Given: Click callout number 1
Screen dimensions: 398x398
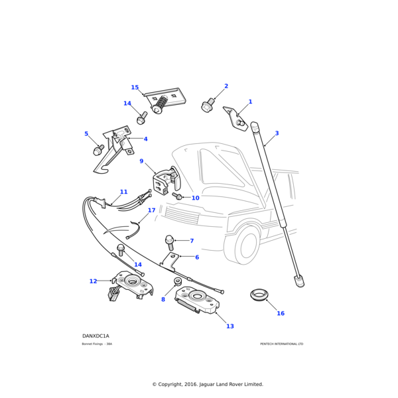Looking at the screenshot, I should point(250,102).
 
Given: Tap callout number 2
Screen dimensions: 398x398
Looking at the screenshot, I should point(226,86).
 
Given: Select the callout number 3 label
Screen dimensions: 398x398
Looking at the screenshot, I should point(277,133).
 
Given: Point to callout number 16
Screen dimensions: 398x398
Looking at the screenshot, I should point(280,313).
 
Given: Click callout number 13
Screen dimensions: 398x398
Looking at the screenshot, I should point(230,326).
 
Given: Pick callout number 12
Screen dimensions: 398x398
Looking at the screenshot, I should point(93,281).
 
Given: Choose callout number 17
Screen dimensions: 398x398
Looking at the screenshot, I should point(151,210).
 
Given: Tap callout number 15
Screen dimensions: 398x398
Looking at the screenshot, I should point(135,88).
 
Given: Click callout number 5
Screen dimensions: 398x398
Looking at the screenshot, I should point(86,134).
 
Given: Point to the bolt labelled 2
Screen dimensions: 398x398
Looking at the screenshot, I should point(208,105).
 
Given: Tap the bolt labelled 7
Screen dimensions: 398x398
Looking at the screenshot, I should point(170,241).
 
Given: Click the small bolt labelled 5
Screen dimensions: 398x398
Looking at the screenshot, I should point(98,151).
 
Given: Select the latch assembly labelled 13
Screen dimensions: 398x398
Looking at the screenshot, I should point(198,302).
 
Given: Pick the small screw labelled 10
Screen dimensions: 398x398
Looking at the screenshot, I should point(178,196).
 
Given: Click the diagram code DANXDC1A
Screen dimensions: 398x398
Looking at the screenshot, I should point(96,336).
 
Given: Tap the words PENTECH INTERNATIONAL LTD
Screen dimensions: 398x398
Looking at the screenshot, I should point(281,344).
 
